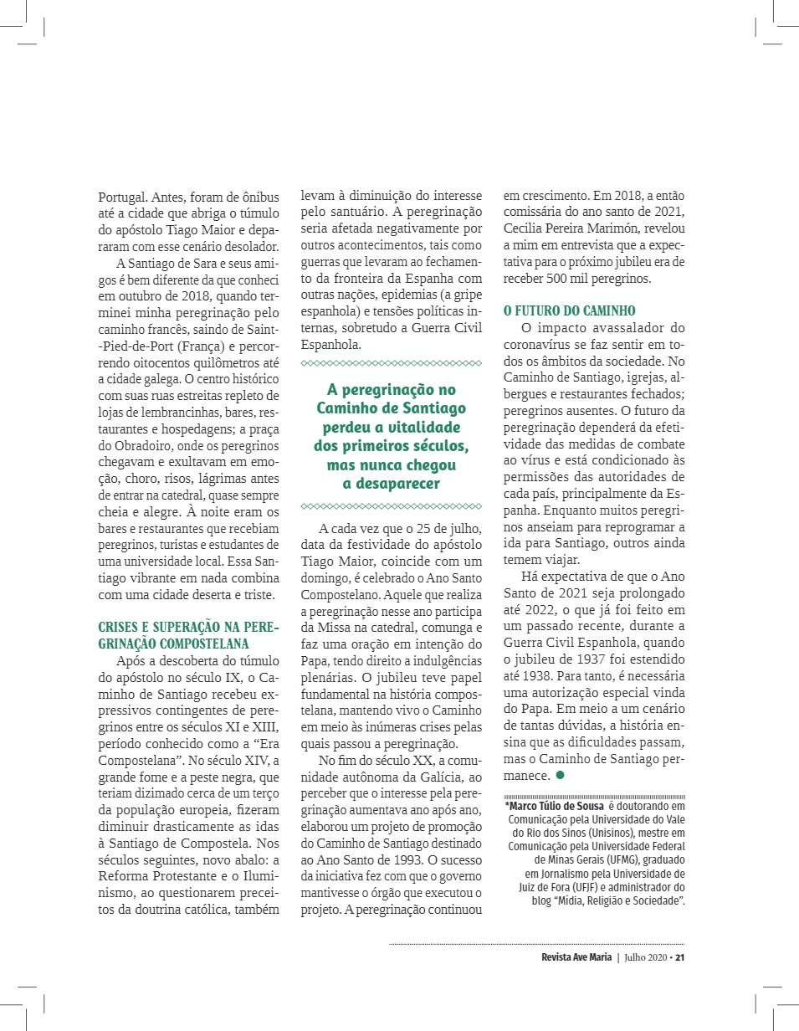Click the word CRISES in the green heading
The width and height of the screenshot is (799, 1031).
[118, 627]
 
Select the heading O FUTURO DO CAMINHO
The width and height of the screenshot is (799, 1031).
[570, 310]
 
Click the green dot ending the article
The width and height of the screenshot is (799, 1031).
[560, 776]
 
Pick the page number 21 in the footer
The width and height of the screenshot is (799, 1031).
[680, 958]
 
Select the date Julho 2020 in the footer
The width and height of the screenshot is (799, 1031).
[646, 958]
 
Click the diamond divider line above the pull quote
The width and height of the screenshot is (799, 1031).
[391, 363]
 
